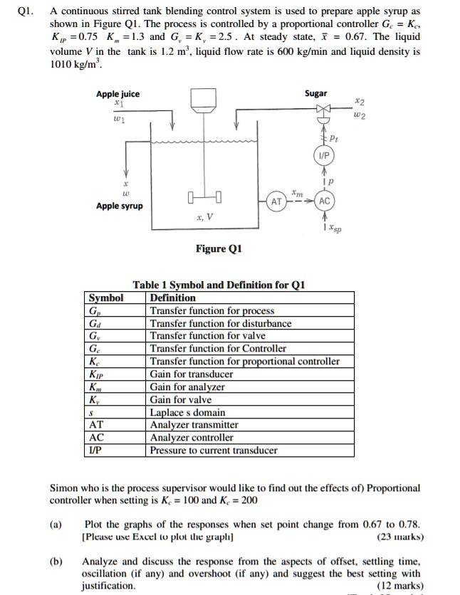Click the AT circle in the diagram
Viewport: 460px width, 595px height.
pos(276,201)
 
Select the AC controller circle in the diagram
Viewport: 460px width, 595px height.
pos(324,201)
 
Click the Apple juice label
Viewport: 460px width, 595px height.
pos(118,94)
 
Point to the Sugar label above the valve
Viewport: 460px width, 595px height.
pos(316,93)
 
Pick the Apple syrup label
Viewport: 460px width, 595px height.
pos(120,206)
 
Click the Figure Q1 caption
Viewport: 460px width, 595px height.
pos(219,248)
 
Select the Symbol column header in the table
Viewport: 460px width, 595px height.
pos(105,297)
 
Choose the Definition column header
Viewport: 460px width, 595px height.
pos(172,297)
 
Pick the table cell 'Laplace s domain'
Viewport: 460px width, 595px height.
pos(187,412)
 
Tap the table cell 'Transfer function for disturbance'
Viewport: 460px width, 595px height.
pos(220,323)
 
